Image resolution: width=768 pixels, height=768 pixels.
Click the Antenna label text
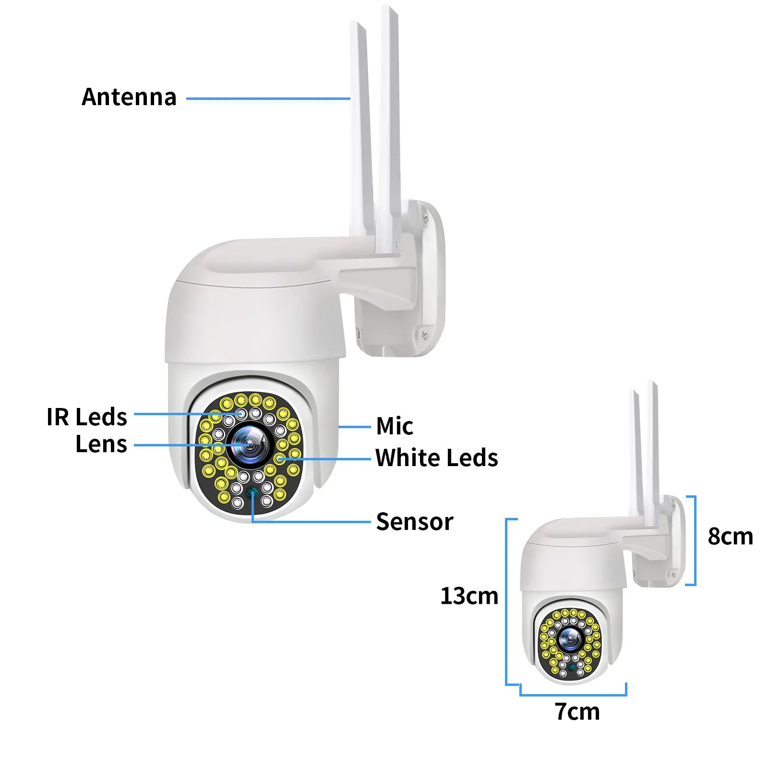129,97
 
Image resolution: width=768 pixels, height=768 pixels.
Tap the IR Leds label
87,417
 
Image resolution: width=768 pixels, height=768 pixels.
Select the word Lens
101,444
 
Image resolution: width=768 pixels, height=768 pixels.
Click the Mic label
395,426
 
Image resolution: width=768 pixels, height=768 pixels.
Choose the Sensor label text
415,522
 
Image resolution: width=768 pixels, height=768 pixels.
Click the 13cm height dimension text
469,596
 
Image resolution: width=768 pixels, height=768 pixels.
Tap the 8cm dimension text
730,536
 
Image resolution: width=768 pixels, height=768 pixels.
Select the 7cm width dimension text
577,711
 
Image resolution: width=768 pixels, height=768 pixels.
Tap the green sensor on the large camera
252,492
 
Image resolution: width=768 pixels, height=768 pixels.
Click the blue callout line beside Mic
354,426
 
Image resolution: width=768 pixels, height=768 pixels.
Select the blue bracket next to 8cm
694,540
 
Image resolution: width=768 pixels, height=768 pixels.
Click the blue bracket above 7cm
573,694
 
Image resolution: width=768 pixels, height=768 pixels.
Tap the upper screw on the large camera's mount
425,219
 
